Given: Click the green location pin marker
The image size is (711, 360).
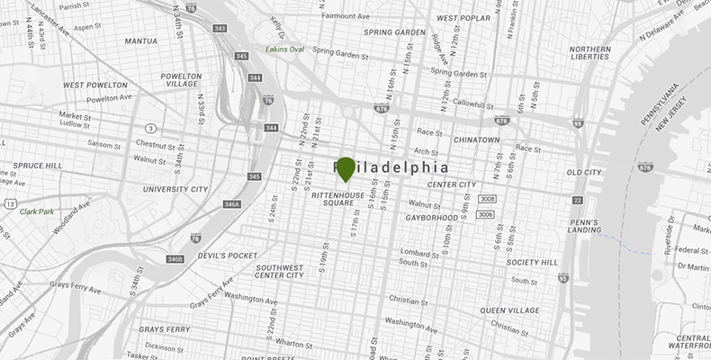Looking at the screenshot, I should tap(346, 168).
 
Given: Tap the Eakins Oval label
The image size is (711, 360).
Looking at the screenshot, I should tap(286, 49).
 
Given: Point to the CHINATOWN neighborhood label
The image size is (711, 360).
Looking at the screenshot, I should tap(476, 140).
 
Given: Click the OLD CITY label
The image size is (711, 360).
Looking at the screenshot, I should tap(583, 172).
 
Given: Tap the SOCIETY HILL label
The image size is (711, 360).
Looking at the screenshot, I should tap(533, 263).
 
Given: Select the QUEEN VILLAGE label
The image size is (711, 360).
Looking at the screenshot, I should tap(510, 310).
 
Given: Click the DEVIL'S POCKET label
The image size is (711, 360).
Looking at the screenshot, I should tap(227, 256).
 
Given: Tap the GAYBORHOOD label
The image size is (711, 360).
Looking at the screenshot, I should tap(431, 218).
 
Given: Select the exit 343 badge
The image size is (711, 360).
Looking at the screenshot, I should tap(220, 29).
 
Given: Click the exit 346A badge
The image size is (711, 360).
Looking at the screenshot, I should tap(232, 204).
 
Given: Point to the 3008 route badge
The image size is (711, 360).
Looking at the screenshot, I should tap(486, 198).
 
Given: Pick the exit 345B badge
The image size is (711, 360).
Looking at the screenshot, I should tap(175, 259).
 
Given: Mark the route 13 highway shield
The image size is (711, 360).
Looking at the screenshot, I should tap(8, 205).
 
